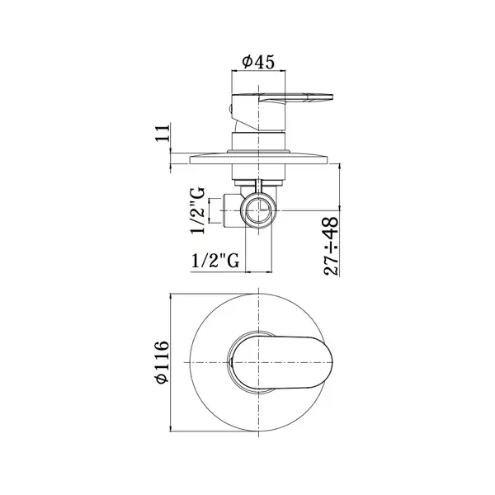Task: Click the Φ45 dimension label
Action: click(258, 62)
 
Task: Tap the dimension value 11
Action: click(163, 133)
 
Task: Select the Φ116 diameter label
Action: click(162, 362)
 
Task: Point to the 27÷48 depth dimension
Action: click(331, 246)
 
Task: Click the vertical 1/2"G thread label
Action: click(198, 210)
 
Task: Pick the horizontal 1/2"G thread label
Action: click(215, 261)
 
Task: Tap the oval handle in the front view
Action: click(282, 362)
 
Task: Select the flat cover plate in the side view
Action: click(258, 158)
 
